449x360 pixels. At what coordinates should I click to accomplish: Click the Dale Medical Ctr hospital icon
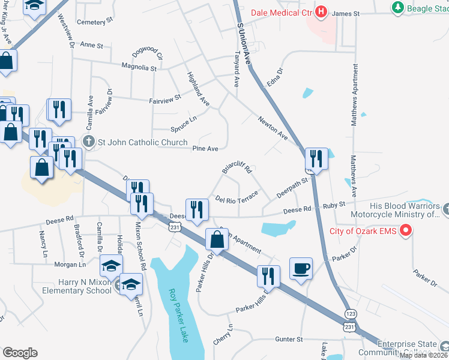(x=321, y=11)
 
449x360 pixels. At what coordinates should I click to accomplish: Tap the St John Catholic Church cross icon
(x=88, y=142)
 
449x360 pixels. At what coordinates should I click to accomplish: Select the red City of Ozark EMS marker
(x=406, y=230)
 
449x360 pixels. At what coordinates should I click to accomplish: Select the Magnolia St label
(x=139, y=68)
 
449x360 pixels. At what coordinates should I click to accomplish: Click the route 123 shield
(x=351, y=314)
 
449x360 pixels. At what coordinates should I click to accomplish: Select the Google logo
(x=20, y=352)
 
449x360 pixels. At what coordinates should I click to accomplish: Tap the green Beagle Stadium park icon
(x=397, y=8)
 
